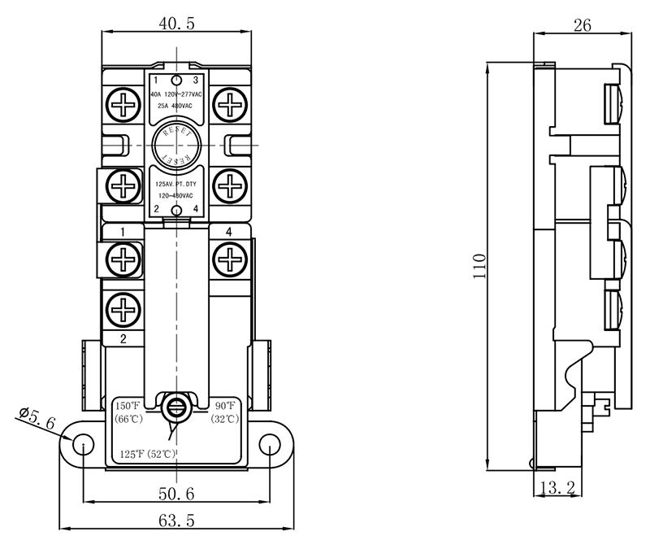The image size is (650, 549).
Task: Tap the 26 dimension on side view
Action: click(x=581, y=25)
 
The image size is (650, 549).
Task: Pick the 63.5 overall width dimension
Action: click(x=176, y=521)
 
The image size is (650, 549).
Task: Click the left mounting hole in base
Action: click(x=84, y=442)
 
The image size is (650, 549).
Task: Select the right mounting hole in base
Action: click(x=270, y=442)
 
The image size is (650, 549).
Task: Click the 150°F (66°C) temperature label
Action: click(x=128, y=412)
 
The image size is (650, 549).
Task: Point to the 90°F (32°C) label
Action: click(x=225, y=412)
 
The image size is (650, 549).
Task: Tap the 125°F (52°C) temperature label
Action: click(x=148, y=453)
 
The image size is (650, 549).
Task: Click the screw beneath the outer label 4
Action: click(x=230, y=259)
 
